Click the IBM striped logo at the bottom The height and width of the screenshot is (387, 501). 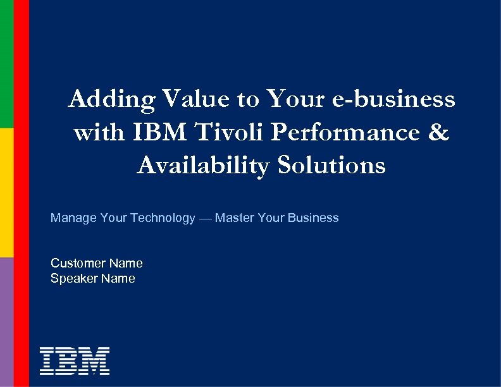coord(75,360)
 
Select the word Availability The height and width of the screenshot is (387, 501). coord(201,165)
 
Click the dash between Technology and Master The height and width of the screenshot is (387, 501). coord(205,218)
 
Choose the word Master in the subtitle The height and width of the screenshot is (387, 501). coord(235,218)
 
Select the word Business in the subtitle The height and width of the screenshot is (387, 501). coord(313,218)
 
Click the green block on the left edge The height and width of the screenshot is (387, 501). coord(6,63)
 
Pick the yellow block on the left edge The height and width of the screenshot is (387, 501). coord(6,192)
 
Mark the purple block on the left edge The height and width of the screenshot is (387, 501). coord(6,322)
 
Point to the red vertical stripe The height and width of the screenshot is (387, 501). coord(22,193)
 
